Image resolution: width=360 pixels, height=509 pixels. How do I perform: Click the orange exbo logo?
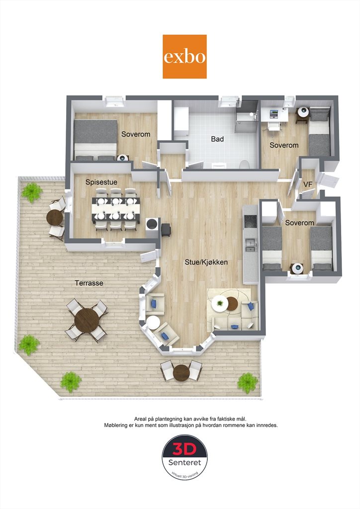point(184,57)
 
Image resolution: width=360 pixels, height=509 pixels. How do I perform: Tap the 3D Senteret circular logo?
point(184,457)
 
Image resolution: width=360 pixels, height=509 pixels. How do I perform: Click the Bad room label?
point(217,139)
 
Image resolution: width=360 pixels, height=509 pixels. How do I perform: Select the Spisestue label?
point(101,182)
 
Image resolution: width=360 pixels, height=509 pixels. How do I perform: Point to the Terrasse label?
point(89,283)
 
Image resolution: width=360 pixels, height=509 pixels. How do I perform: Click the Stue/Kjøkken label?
point(206,262)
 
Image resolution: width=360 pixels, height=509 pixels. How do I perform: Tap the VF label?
point(308,184)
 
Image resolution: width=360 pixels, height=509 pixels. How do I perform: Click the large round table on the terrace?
point(87,320)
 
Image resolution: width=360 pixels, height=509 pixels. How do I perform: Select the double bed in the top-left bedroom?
point(95,140)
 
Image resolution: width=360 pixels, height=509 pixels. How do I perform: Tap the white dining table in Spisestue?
point(116,209)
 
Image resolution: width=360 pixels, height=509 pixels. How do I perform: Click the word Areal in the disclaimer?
point(140,419)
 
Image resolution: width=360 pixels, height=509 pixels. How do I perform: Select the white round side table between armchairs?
point(153,323)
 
